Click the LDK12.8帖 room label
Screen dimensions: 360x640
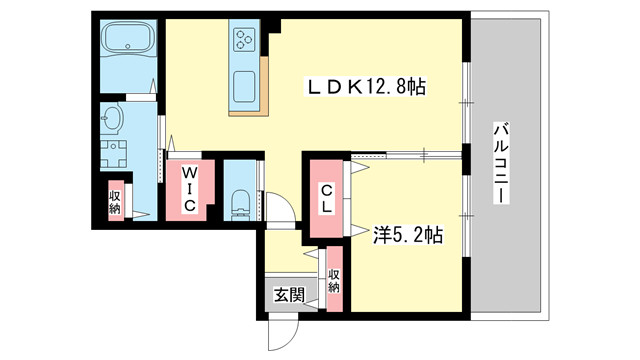[x=367, y=88]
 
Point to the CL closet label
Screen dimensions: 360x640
[x=327, y=199]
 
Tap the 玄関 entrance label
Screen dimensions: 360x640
[x=290, y=298]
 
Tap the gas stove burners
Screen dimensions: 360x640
[x=246, y=40]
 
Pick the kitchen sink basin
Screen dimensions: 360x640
[x=246, y=87]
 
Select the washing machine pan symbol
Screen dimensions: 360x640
[x=113, y=156]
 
